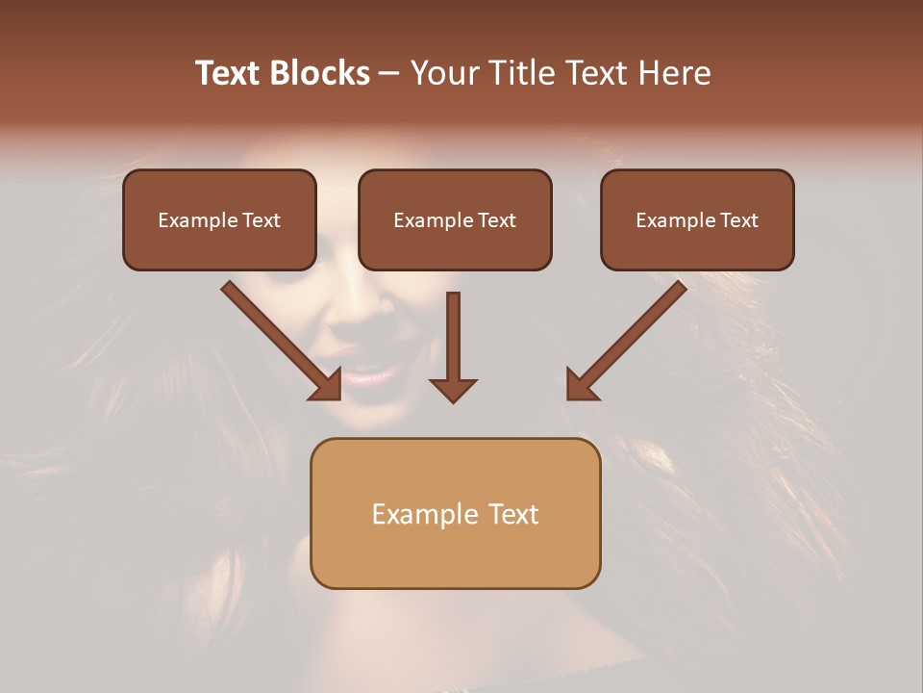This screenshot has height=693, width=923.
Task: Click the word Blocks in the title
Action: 318,73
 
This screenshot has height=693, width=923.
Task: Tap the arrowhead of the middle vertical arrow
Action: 453,390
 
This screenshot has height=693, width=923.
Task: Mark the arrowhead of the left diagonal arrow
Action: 327,385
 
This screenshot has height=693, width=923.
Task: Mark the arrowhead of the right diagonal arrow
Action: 581,385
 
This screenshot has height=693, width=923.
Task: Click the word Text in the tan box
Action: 513,514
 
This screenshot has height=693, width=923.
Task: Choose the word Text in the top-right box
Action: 737,220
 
